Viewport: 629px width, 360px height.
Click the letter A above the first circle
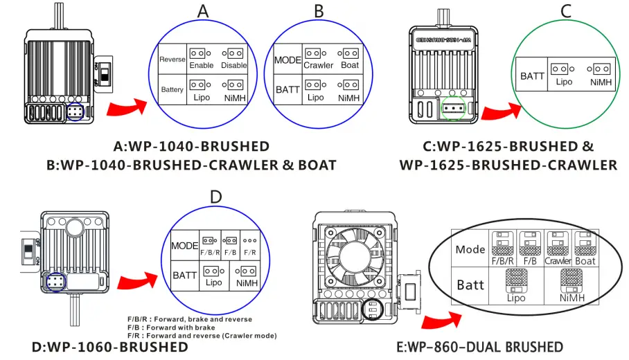202,12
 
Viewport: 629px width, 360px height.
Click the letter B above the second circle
319,12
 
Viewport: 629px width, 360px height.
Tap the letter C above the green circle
566,12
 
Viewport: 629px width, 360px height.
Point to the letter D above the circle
215,197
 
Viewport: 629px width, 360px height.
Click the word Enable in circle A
202,65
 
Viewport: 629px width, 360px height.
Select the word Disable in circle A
234,65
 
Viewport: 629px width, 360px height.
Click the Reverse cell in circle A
172,60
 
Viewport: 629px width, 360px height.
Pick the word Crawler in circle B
318,65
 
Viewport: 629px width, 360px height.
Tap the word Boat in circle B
351,65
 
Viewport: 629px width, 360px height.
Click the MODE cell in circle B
287,60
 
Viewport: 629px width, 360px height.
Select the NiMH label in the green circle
601,82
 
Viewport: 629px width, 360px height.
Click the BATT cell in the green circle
533,75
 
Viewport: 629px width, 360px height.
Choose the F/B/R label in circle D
209,253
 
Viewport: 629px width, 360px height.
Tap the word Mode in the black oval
470,249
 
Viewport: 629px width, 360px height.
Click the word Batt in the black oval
470,285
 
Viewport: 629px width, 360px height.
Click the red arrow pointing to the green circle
502,111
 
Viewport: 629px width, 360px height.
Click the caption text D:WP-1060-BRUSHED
110,347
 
